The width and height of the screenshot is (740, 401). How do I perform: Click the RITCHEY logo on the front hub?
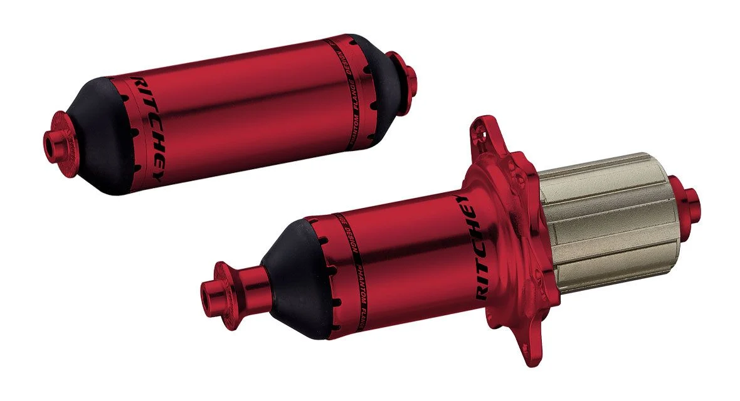pos(149,128)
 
